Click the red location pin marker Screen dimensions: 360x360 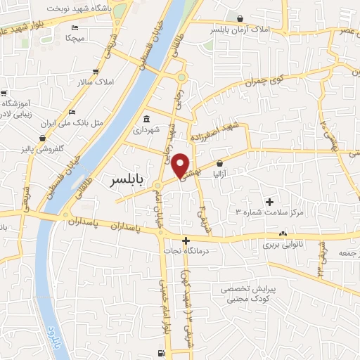click(181, 165)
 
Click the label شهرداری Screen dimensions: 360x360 click(146, 130)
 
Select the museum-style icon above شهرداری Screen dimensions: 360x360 click(146, 118)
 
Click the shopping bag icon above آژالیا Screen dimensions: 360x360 click(219, 162)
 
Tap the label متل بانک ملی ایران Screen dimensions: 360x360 click(75, 122)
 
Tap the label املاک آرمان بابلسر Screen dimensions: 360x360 click(240, 31)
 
